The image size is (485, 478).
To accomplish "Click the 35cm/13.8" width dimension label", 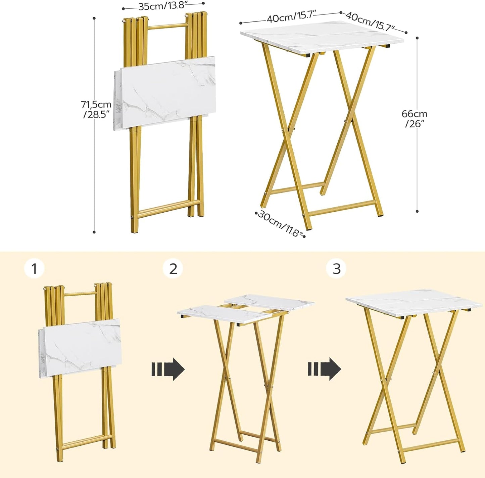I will pyautogui.click(x=163, y=6).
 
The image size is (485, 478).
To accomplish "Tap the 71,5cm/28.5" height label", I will pyautogui.click(x=96, y=109).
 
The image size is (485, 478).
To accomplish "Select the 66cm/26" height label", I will pyautogui.click(x=414, y=119).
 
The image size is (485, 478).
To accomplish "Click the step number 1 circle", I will pyautogui.click(x=34, y=269).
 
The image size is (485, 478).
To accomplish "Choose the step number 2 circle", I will pyautogui.click(x=173, y=269).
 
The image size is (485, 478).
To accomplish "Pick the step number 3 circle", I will pyautogui.click(x=336, y=269).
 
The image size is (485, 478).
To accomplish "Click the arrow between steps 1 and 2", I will pyautogui.click(x=168, y=369).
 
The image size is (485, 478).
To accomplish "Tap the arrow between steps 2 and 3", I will pyautogui.click(x=324, y=369).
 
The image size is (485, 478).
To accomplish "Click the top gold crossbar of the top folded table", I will pyautogui.click(x=166, y=26).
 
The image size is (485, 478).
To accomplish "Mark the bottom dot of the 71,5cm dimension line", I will pyautogui.click(x=94, y=232).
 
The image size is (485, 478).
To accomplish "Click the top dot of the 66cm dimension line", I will pyautogui.click(x=417, y=38).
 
